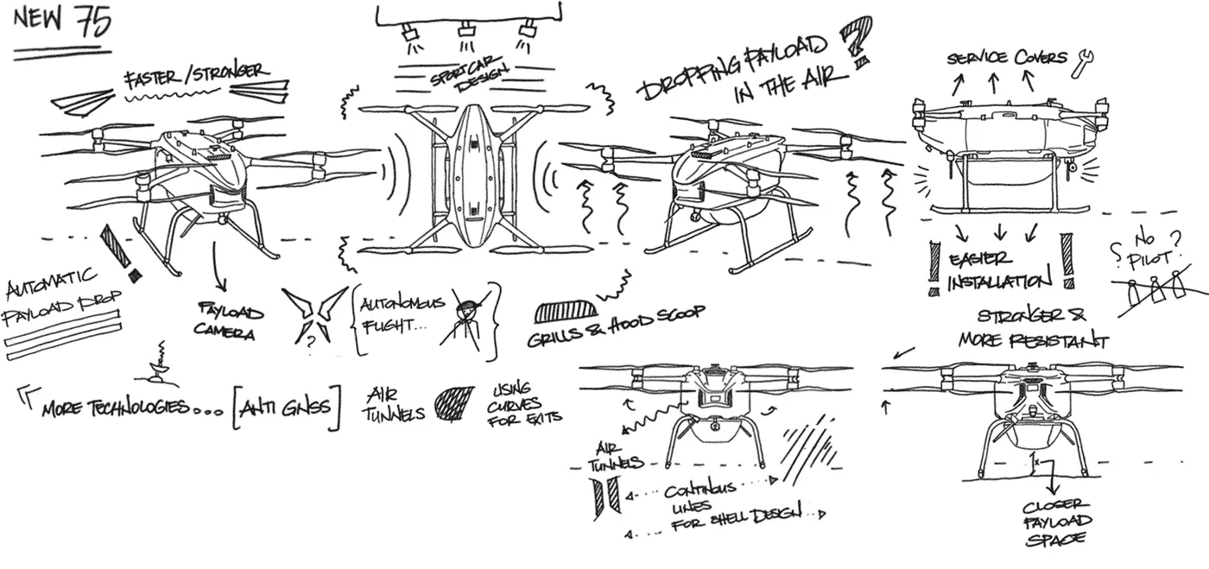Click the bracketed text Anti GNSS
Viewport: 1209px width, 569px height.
click(x=286, y=406)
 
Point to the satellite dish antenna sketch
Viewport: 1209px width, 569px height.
click(x=159, y=369)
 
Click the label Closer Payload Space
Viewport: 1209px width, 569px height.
click(x=1058, y=522)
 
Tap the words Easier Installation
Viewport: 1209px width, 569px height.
click(x=999, y=270)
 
